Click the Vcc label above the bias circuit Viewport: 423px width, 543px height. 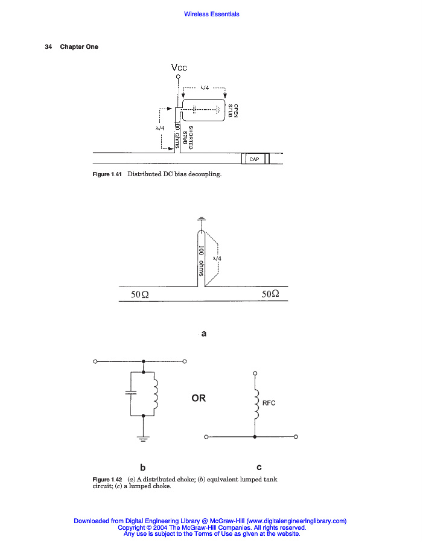[179, 68]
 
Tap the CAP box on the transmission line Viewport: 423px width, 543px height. [254, 159]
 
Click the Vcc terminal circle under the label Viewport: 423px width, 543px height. [179, 77]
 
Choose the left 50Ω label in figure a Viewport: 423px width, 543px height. [140, 294]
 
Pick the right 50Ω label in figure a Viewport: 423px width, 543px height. [271, 294]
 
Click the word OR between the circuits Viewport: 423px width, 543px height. [199, 398]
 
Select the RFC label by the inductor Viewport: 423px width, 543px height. [269, 403]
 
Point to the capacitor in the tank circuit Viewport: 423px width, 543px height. [130, 392]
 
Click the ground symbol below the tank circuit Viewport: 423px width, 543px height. [143, 438]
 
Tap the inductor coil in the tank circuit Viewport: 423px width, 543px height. [156, 395]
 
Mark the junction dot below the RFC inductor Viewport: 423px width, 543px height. [255, 436]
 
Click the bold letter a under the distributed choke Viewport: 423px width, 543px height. [204, 332]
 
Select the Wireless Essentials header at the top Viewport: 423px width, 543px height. [211, 14]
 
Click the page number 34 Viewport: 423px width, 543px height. [48, 47]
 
